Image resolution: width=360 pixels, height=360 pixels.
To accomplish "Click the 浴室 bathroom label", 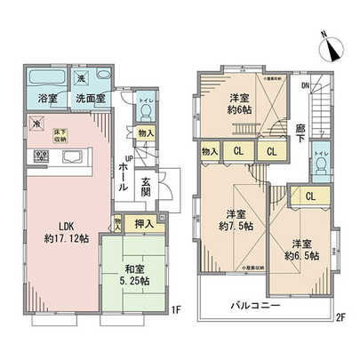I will pyautogui.click(x=48, y=98).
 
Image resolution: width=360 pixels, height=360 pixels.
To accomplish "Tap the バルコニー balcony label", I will pyautogui.click(x=257, y=305).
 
